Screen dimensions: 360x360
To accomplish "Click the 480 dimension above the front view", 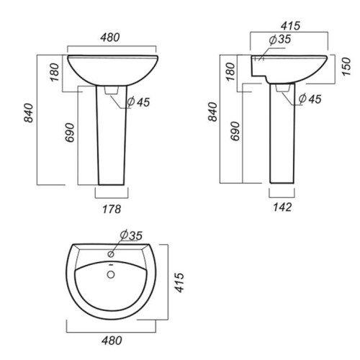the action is pyautogui.click(x=110, y=37).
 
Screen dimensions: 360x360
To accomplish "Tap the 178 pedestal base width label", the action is pyautogui.click(x=112, y=209).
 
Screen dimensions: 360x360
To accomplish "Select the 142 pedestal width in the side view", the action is pyautogui.click(x=282, y=207).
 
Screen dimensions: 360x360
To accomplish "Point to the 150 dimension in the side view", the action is pyautogui.click(x=346, y=67).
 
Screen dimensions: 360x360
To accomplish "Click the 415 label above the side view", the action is pyautogui.click(x=291, y=26).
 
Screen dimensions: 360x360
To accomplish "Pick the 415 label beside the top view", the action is pyautogui.click(x=179, y=282).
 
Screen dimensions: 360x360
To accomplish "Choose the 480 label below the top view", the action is pyautogui.click(x=112, y=341).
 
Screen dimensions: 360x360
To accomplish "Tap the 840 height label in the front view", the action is pyautogui.click(x=29, y=113).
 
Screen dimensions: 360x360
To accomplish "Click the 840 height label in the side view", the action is pyautogui.click(x=212, y=112).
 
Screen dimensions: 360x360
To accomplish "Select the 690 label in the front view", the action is pyautogui.click(x=70, y=132).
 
